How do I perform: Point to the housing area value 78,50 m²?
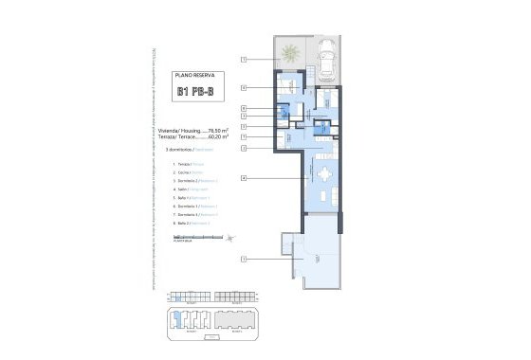[217, 130]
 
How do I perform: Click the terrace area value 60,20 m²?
[217, 137]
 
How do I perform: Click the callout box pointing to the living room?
[245, 178]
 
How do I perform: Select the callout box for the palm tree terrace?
[244, 60]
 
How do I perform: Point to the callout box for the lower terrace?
[244, 259]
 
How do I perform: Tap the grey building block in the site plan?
[231, 320]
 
